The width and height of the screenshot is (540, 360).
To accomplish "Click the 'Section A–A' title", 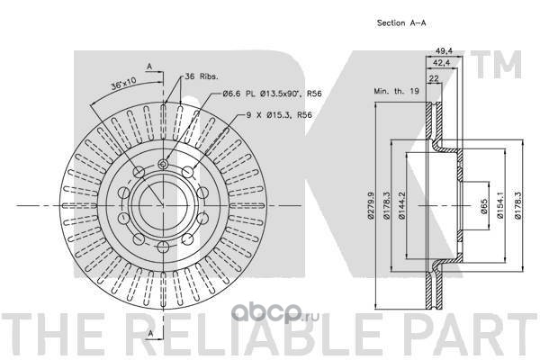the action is click(x=401, y=23).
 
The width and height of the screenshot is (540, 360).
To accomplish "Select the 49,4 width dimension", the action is click(x=444, y=51).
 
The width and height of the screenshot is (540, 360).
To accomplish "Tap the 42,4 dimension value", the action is click(x=442, y=63).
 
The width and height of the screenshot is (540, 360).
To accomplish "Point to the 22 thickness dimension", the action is click(x=434, y=78).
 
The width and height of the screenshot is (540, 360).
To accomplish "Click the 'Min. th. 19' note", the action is click(x=396, y=91).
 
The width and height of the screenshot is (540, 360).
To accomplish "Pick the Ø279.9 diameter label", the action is click(x=371, y=205).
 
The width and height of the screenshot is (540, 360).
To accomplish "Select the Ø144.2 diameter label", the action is click(x=402, y=205).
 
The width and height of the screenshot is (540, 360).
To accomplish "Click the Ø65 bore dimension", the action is click(x=484, y=206).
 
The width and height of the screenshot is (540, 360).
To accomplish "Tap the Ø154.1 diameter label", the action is click(x=500, y=205).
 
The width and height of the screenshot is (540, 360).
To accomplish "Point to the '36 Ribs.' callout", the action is click(x=202, y=76).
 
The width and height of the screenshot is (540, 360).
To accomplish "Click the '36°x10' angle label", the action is click(x=123, y=84).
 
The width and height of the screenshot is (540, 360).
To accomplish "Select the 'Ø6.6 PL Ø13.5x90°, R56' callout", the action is click(x=272, y=94).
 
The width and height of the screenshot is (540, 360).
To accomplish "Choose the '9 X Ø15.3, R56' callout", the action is click(x=279, y=114).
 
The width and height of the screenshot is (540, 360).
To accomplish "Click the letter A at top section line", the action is click(x=149, y=67).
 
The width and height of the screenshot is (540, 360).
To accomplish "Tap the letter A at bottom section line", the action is click(x=150, y=333).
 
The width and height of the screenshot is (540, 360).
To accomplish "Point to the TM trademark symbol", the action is click(x=496, y=65).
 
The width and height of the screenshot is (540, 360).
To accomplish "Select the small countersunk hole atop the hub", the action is click(x=163, y=164).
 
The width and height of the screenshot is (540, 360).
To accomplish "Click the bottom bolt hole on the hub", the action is click(x=163, y=247).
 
